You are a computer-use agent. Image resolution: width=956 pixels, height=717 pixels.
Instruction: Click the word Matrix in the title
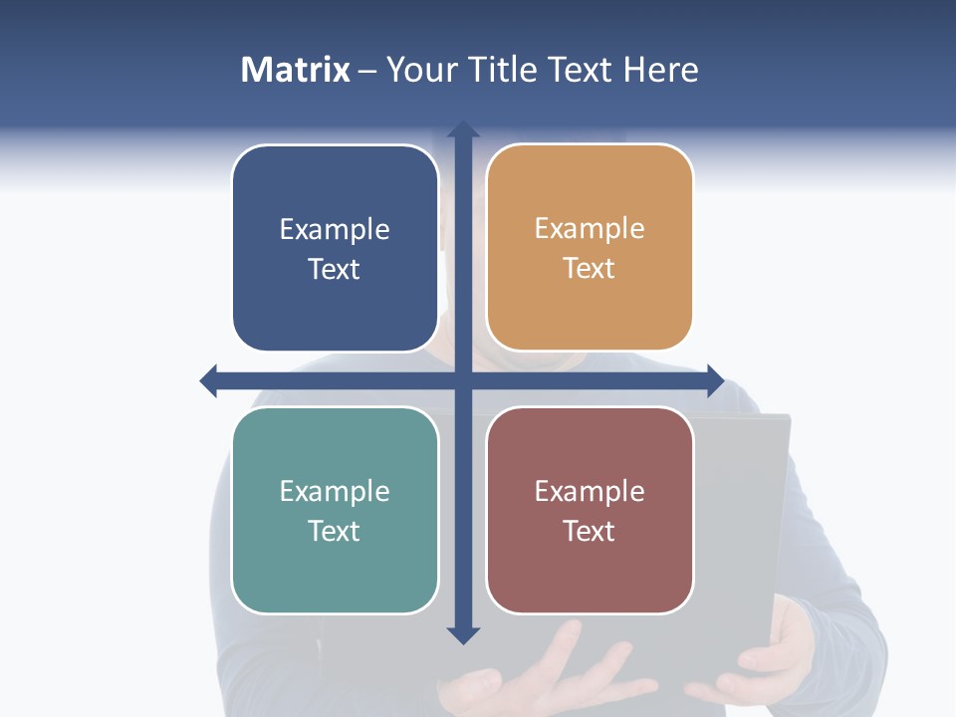click(x=296, y=70)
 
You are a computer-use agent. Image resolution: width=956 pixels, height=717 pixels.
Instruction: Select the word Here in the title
click(x=661, y=70)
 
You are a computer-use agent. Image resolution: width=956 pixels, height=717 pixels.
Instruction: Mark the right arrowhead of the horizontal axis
click(x=714, y=380)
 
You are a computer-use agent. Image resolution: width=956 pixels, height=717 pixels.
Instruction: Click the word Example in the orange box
click(x=590, y=229)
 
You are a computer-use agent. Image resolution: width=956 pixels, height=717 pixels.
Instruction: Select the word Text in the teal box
click(x=335, y=531)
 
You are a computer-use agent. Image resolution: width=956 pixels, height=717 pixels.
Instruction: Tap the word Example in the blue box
click(x=335, y=230)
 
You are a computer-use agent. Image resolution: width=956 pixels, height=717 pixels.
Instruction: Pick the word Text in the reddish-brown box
click(x=590, y=531)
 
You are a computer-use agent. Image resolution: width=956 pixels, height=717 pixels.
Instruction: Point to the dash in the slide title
click(x=367, y=70)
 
